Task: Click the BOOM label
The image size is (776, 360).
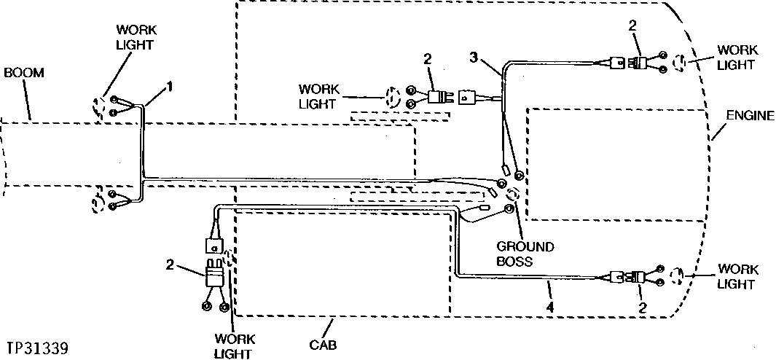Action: point(24,73)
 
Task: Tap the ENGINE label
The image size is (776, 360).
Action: point(749,116)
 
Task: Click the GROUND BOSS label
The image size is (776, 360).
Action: point(525,254)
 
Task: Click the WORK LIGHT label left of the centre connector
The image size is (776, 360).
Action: point(318,95)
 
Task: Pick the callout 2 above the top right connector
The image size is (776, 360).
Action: point(632,26)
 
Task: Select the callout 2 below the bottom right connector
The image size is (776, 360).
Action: point(642,308)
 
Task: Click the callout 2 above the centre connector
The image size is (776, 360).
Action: point(428,58)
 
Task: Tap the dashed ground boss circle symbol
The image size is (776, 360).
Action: point(512,195)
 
